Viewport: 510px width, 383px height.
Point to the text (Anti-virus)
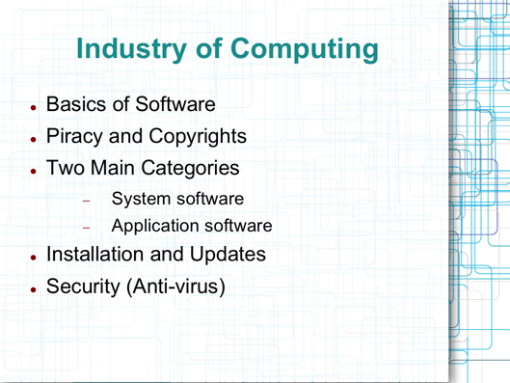click(x=189, y=287)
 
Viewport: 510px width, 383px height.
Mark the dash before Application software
click(x=85, y=230)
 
